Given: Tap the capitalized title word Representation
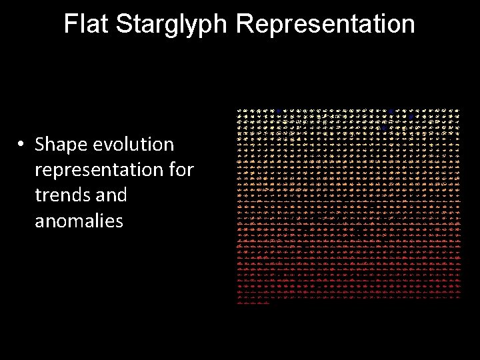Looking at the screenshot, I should coord(325,24).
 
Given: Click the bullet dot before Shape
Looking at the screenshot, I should coord(22,145).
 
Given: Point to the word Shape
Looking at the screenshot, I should coord(61,145).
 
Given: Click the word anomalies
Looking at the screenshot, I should coord(79,221).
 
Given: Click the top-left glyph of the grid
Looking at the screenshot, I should coord(241,111).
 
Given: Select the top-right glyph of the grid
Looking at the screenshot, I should coord(457,111).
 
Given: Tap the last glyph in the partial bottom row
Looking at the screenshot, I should coord(267,303).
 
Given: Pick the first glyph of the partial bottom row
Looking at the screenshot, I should coord(241,303).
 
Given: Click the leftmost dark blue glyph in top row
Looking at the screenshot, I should coord(278,111).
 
